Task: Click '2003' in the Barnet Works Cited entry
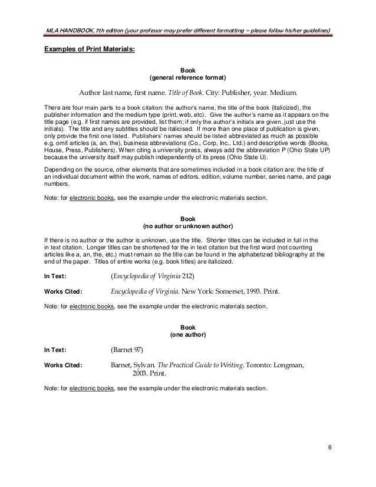[141, 374]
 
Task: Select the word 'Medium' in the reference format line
[281, 93]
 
